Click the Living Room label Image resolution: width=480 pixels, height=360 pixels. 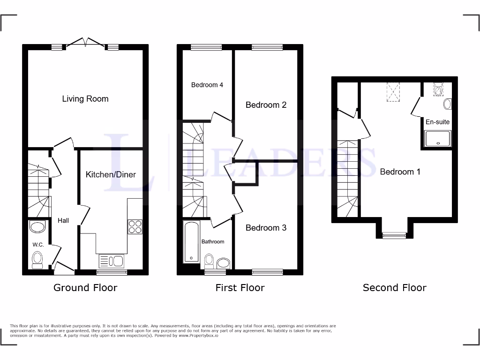point(85,99)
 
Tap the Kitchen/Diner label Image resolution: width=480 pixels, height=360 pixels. point(111,174)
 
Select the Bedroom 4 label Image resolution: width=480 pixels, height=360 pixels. point(207,85)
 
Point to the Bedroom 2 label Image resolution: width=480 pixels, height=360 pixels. point(266,105)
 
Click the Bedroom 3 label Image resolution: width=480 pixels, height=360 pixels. point(266,228)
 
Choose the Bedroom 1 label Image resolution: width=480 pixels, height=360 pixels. point(400,172)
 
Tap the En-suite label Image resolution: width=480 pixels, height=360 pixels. point(437,122)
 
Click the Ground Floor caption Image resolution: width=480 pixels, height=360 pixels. point(85,287)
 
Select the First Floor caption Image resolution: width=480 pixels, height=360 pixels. point(240,287)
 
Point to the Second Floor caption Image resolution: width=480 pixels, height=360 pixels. point(394,287)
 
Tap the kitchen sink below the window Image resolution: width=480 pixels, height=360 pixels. point(111,261)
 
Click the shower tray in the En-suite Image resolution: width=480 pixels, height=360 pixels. point(437,139)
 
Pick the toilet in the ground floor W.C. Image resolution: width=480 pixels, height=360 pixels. point(37,259)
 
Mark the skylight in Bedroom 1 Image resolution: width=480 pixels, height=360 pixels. point(393,92)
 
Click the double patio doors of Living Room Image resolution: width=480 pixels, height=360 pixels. point(85,44)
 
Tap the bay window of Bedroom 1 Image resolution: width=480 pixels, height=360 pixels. point(394,235)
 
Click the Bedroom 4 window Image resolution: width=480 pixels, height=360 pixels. point(206,47)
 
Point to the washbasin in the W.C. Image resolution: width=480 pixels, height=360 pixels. point(37,228)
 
